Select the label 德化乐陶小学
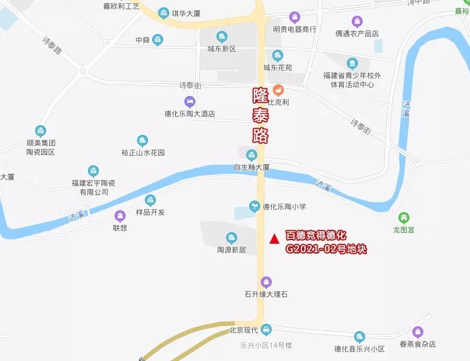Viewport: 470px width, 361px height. tap(284, 207)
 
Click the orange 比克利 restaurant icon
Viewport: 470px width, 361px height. tap(278, 90)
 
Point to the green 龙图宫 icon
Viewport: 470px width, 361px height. tap(403, 218)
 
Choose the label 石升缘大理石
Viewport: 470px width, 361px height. tap(266, 294)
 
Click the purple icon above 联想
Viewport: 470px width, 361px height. tap(120, 216)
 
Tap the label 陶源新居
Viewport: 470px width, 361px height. tap(231, 249)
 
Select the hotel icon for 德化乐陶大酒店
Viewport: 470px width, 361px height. tap(190, 101)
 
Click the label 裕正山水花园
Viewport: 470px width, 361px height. tap(143, 153)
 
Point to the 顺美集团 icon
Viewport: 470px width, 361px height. tap(41, 131)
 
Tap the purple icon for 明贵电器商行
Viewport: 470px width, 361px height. tap(295, 16)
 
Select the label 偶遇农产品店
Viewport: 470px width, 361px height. tap(357, 33)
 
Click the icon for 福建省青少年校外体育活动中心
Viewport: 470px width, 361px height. tap(352, 63)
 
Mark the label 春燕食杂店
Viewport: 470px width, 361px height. tap(417, 344)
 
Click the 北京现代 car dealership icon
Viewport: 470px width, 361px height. tap(266, 330)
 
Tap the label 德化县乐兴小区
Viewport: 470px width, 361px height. tap(360, 349)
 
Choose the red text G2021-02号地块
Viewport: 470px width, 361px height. tap(326, 249)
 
